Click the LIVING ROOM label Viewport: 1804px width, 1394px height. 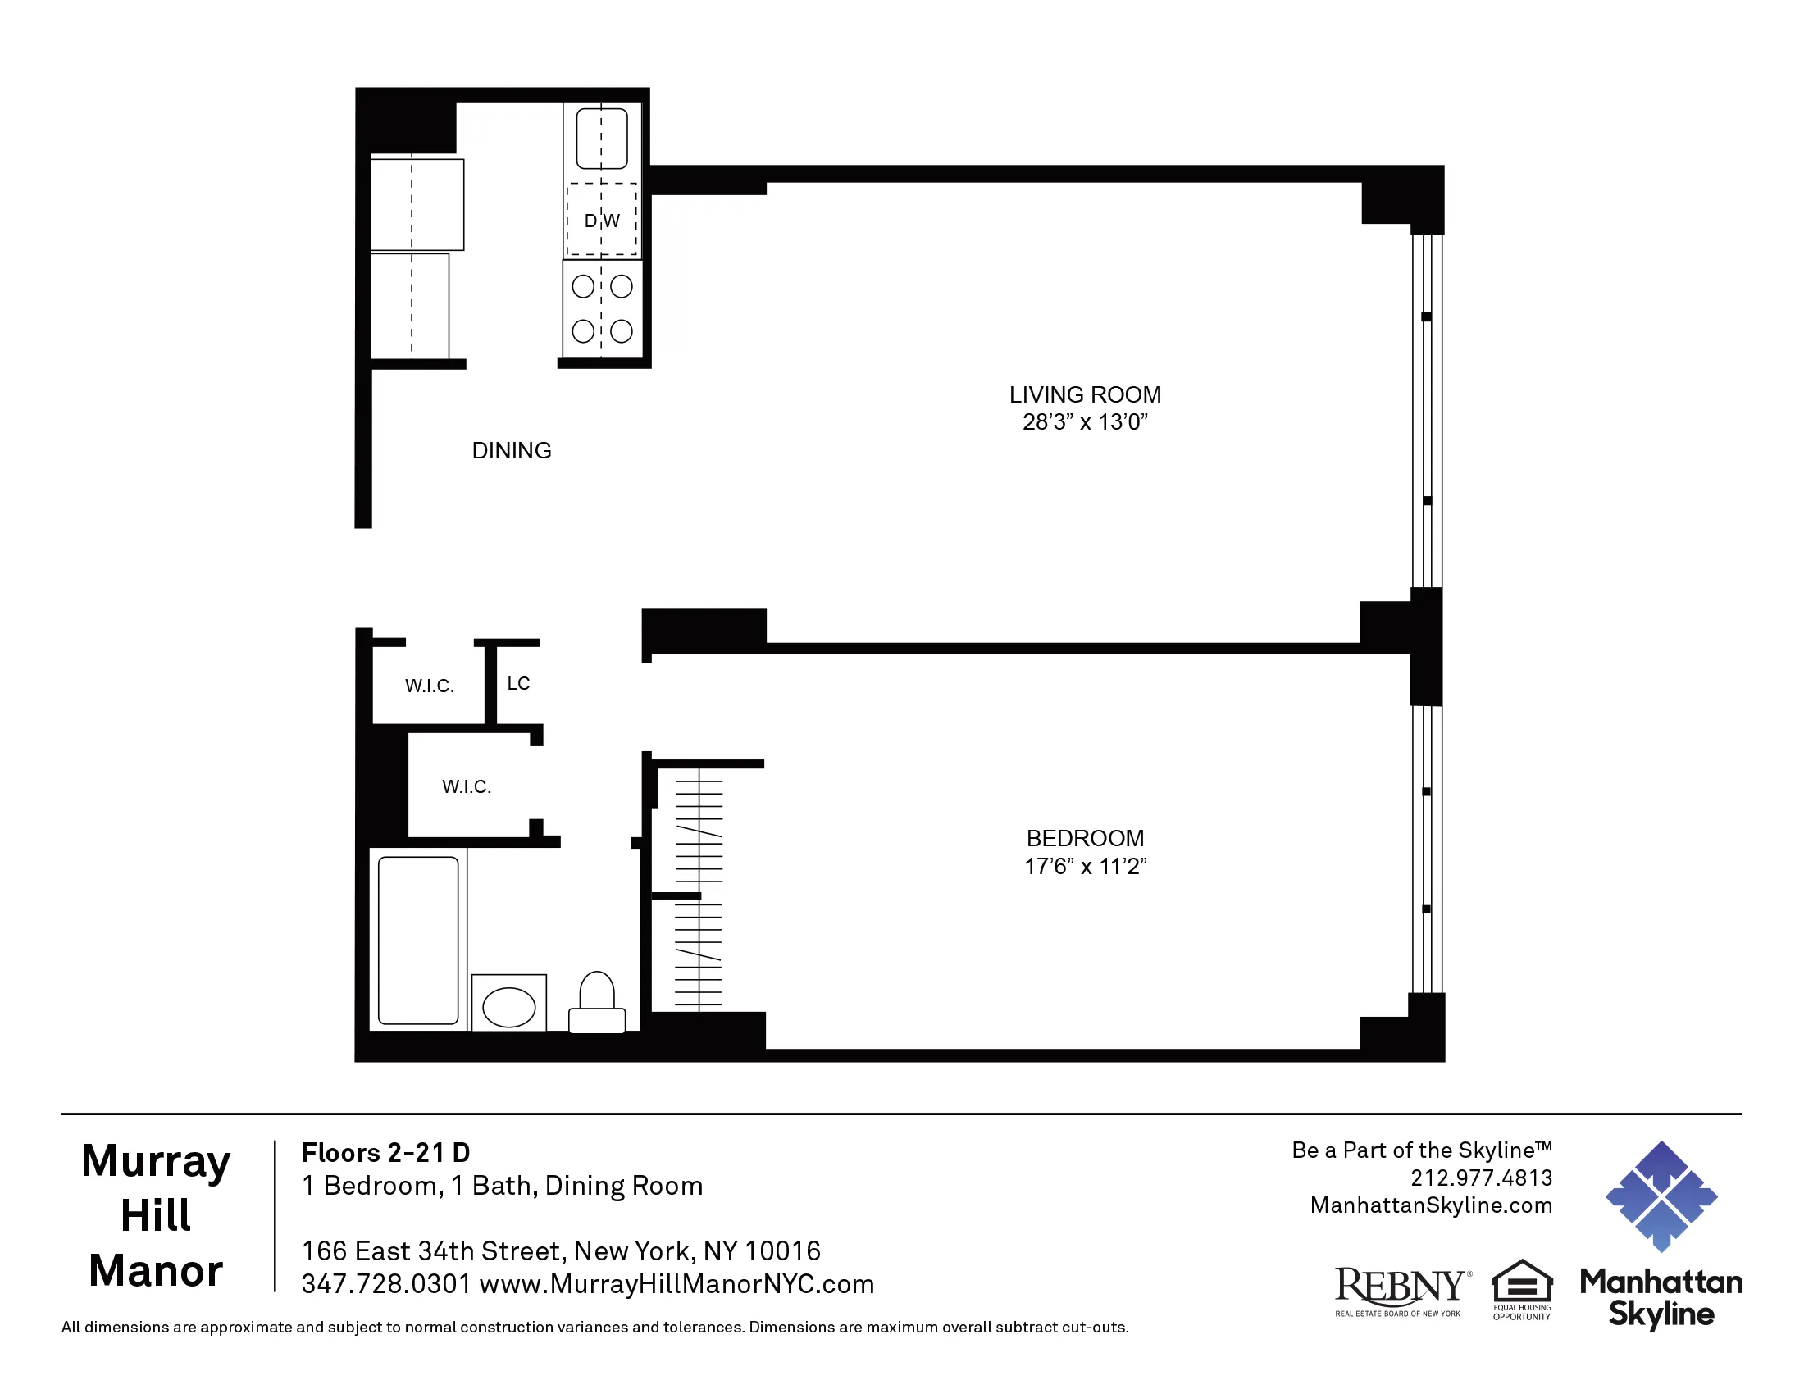click(x=1085, y=394)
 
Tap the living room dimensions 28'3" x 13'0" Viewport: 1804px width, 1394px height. click(x=1085, y=422)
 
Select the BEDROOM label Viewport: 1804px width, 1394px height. click(x=1085, y=838)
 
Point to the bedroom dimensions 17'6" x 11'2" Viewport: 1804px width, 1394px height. click(x=1085, y=866)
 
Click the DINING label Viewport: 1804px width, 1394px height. click(x=512, y=451)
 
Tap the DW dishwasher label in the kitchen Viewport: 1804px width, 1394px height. click(x=602, y=221)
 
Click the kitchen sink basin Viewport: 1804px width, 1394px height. click(x=601, y=139)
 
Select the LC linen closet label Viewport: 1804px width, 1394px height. click(x=519, y=683)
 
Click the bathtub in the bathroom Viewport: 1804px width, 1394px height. click(x=418, y=940)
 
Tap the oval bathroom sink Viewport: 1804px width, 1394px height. click(x=509, y=1008)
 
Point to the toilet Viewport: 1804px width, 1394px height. click(x=597, y=1004)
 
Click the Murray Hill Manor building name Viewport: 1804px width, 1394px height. click(x=156, y=1214)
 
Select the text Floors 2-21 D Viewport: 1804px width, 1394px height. click(x=385, y=1152)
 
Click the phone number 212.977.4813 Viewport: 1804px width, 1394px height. click(x=1481, y=1178)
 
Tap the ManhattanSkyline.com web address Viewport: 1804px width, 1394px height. click(x=1431, y=1205)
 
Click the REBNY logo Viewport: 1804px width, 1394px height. click(x=1401, y=1290)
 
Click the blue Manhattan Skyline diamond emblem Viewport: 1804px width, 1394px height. click(x=1661, y=1196)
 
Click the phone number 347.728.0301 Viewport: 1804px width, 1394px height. click(x=385, y=1284)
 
